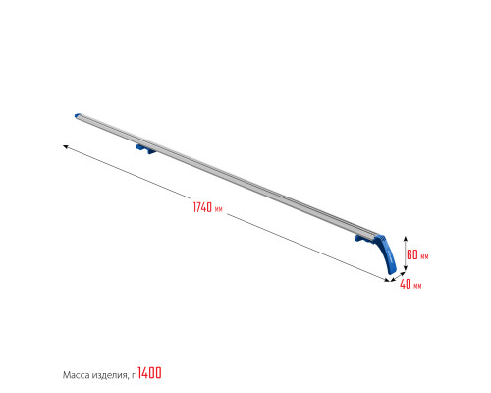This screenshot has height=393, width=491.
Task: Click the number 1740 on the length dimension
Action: click(x=202, y=207)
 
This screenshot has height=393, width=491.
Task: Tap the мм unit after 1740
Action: click(x=219, y=209)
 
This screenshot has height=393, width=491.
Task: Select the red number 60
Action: click(x=412, y=254)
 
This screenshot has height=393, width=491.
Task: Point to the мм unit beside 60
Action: click(x=424, y=256)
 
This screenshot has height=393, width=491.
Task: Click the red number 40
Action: click(x=406, y=284)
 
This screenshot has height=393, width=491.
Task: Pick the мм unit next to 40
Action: click(x=417, y=286)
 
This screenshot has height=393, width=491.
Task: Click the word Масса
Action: click(x=76, y=375)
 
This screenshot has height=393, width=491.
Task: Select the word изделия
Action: click(x=110, y=375)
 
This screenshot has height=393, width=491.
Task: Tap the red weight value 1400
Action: click(x=149, y=373)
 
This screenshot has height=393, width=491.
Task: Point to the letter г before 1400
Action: click(x=133, y=376)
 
